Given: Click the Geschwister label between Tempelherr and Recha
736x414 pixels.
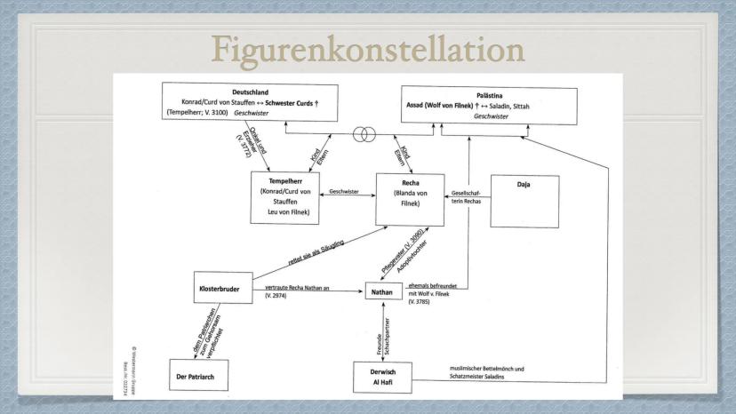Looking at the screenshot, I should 344,191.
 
